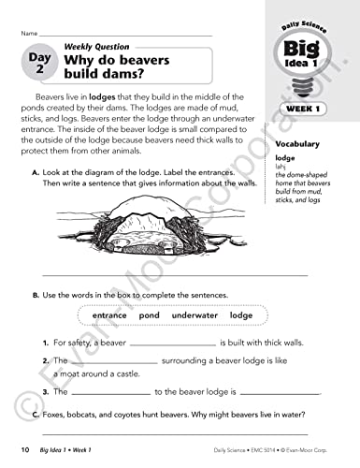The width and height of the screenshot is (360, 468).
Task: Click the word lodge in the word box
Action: click(x=240, y=315)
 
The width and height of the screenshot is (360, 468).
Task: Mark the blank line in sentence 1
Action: click(x=161, y=346)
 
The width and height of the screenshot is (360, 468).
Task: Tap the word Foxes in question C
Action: click(x=55, y=412)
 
